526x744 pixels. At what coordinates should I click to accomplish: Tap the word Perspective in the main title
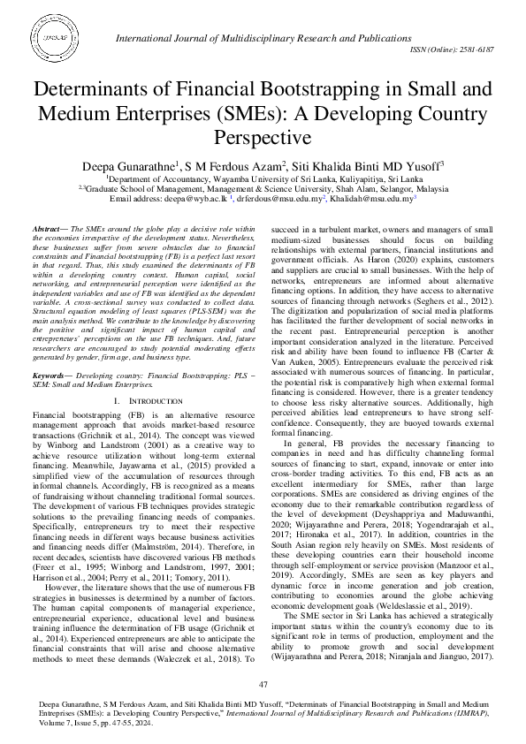pyautogui.click(x=263, y=138)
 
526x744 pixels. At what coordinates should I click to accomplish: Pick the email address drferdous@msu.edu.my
pyautogui.click(x=274, y=200)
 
